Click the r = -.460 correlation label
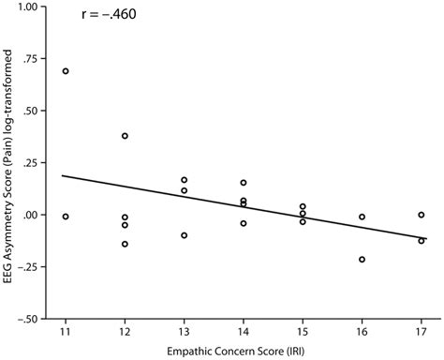click(x=109, y=16)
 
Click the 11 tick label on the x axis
click(x=66, y=332)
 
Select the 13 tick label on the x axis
click(x=184, y=332)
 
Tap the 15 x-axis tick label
click(x=303, y=332)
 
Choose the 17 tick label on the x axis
click(x=422, y=332)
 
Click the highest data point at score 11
click(x=66, y=71)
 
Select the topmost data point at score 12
click(x=125, y=136)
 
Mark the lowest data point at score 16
click(x=362, y=260)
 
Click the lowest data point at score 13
click(x=184, y=235)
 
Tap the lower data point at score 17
click(x=422, y=241)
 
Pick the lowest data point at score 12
click(x=125, y=244)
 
